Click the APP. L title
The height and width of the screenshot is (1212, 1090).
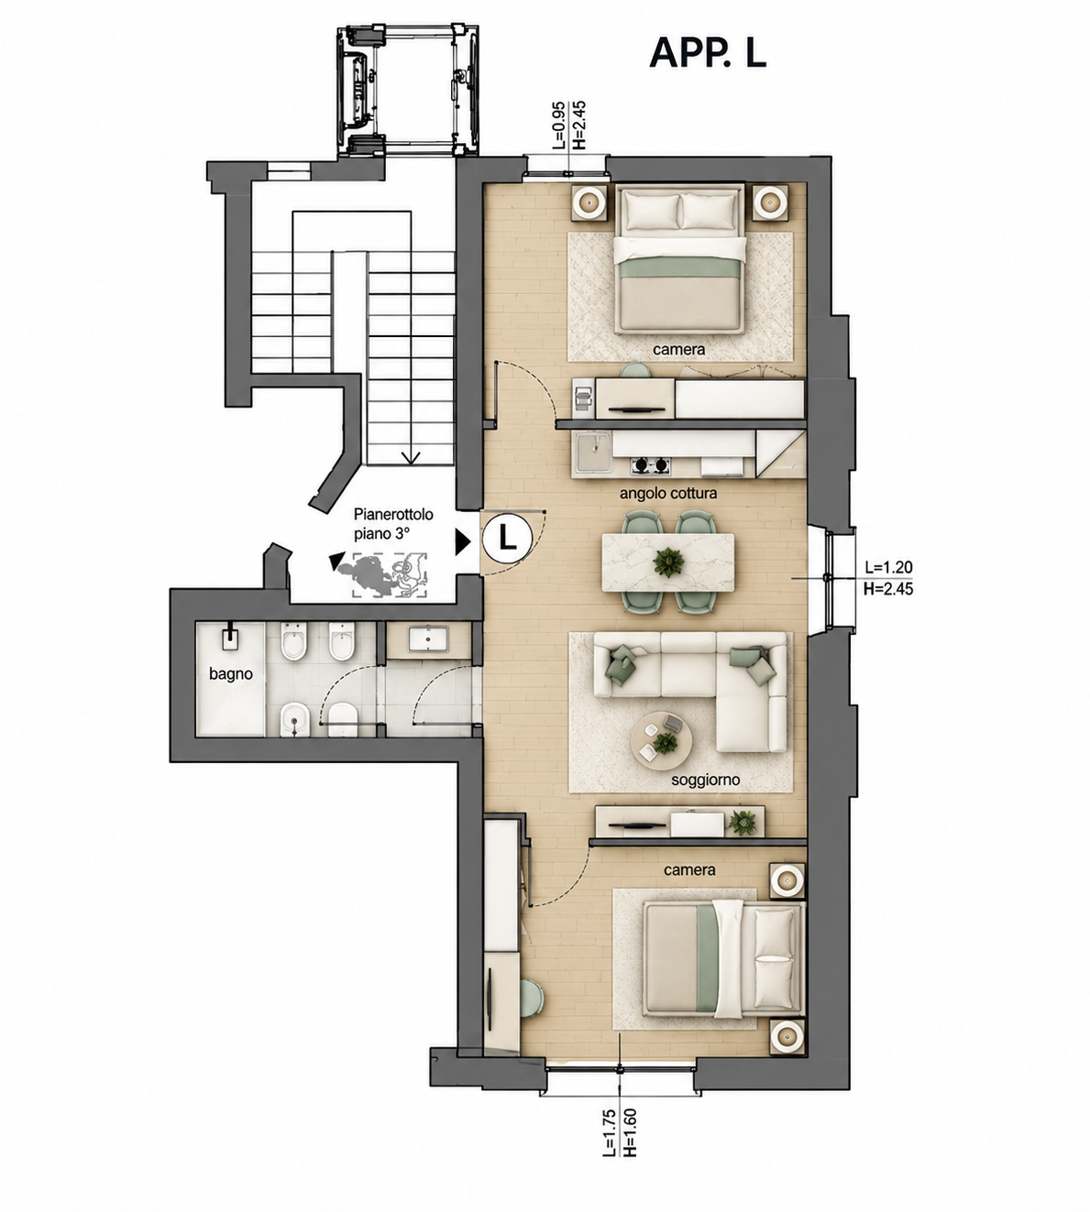pyautogui.click(x=708, y=54)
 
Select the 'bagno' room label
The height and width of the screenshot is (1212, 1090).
pyautogui.click(x=230, y=674)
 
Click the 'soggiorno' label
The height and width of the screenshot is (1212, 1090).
pyautogui.click(x=705, y=781)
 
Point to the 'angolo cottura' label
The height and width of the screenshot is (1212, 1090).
pyautogui.click(x=667, y=494)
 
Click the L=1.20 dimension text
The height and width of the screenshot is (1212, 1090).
pyautogui.click(x=888, y=567)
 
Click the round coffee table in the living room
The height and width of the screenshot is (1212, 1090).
pyautogui.click(x=661, y=741)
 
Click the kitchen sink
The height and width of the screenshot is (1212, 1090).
pyautogui.click(x=593, y=453)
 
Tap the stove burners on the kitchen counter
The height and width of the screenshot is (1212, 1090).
pyautogui.click(x=650, y=464)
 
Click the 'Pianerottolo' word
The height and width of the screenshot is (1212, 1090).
pyautogui.click(x=393, y=515)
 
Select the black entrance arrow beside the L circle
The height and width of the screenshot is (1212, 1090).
pyautogui.click(x=463, y=541)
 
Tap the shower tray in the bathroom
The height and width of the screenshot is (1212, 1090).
pyautogui.click(x=230, y=679)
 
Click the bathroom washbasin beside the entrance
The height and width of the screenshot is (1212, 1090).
pyautogui.click(x=428, y=639)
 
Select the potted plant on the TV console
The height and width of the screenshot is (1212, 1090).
pyautogui.click(x=742, y=823)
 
